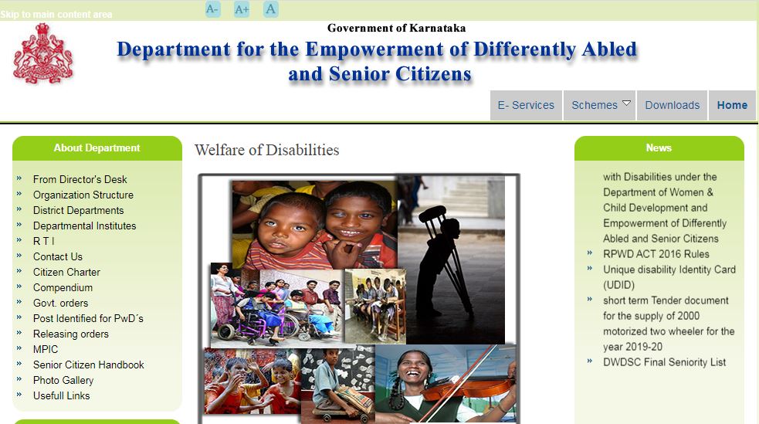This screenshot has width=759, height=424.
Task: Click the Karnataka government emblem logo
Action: point(42,54)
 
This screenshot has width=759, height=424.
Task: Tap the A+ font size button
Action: point(242,9)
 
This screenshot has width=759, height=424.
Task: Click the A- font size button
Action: point(212,9)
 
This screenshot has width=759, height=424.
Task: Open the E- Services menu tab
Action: point(526,105)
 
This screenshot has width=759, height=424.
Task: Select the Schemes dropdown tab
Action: point(600,105)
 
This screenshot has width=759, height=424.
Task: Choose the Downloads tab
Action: point(673,105)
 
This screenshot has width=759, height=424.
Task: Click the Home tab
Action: point(732,105)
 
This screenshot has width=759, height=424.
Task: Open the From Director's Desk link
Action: point(80,180)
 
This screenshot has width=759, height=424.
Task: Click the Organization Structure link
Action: point(83,195)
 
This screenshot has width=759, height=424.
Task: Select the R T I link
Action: point(43,241)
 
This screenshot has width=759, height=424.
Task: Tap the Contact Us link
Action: point(58,256)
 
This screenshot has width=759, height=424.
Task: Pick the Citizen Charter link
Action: point(66,272)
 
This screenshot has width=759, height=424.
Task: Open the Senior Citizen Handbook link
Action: point(89,365)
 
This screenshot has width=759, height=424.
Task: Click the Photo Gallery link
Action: point(63,381)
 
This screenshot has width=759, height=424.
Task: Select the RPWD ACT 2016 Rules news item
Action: point(656,254)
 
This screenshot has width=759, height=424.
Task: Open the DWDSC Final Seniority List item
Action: point(664,362)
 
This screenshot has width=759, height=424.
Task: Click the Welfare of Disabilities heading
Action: point(266,150)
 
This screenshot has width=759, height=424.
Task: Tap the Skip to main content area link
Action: point(56,15)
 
